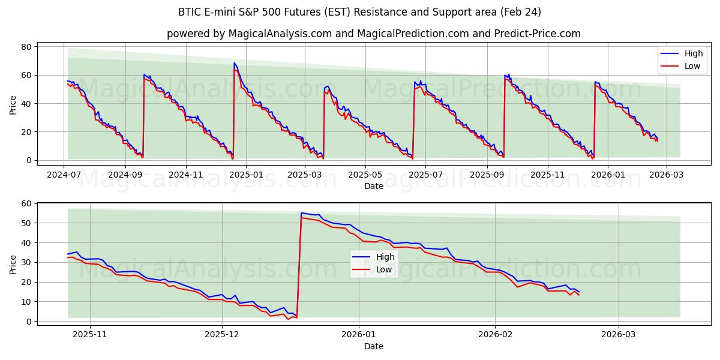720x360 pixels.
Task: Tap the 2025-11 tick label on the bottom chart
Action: (90, 334)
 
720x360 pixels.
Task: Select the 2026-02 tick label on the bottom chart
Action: (495, 334)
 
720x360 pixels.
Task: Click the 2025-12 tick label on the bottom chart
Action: (222, 334)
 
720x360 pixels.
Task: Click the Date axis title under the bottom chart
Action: (373, 346)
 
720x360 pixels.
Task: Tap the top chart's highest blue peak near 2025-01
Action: (234, 63)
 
